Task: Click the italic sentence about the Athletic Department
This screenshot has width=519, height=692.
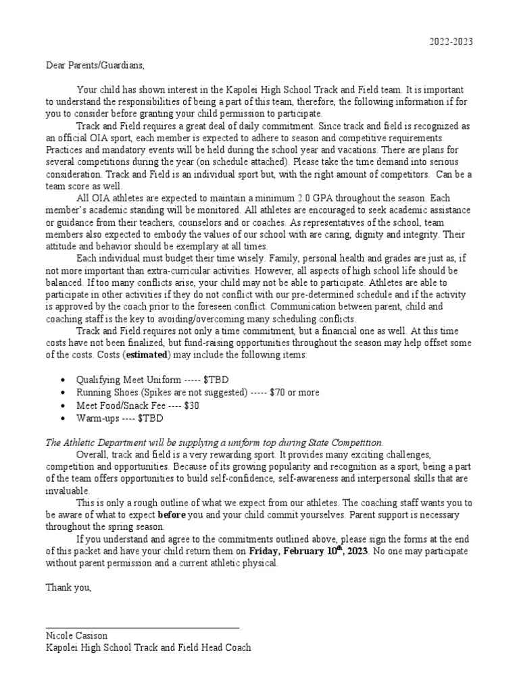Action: click(214, 442)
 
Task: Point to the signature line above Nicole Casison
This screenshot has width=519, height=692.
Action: click(143, 628)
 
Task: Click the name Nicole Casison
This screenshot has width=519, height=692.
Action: click(76, 636)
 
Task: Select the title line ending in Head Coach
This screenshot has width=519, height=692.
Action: click(148, 647)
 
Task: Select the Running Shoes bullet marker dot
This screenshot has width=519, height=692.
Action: click(63, 393)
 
